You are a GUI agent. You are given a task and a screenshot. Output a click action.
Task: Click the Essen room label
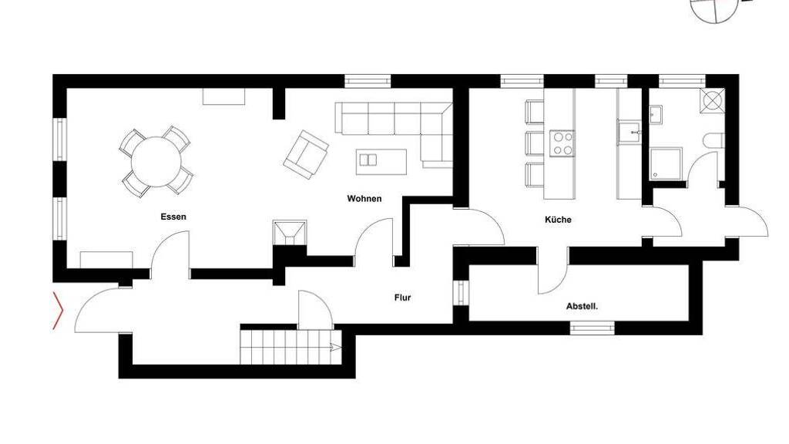click(x=173, y=217)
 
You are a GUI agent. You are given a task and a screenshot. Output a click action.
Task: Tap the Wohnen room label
click(x=364, y=199)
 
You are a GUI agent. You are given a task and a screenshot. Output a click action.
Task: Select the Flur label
click(x=402, y=298)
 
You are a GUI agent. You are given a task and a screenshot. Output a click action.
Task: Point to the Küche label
click(x=558, y=220)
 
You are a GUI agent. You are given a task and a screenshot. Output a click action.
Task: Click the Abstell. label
click(x=583, y=306)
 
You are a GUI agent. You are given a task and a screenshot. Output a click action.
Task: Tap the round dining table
click(x=156, y=162)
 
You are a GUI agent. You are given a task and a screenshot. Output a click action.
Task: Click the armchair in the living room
click(x=306, y=154)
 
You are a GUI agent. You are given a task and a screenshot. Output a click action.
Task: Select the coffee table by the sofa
click(x=381, y=162)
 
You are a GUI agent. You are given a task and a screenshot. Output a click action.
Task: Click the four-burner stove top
click(x=562, y=143)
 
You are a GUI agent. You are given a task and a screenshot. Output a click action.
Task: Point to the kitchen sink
click(x=629, y=133)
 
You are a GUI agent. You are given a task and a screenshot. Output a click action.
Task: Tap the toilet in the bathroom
click(x=715, y=141)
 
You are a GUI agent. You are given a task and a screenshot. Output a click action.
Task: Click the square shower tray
click(x=666, y=163)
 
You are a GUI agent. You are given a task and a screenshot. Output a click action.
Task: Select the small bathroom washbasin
click(x=656, y=114)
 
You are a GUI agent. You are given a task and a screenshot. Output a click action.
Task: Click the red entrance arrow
click(x=59, y=311)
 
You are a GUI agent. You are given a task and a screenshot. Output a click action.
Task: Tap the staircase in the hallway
click(x=290, y=347)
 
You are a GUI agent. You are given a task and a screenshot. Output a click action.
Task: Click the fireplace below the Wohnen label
click(x=290, y=233)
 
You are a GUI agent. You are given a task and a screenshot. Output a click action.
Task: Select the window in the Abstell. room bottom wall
click(x=592, y=328)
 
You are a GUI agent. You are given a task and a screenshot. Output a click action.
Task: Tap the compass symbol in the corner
click(x=714, y=8)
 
